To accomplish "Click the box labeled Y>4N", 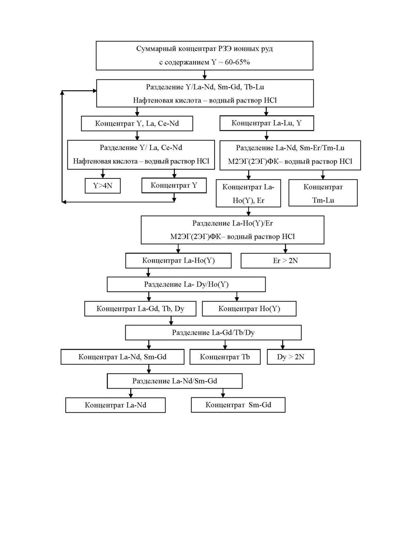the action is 103,186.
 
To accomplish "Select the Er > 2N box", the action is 285,261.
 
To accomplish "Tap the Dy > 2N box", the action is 291,357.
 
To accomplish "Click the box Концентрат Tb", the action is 225,357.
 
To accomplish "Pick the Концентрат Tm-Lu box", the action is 323,193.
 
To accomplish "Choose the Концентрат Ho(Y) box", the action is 249,309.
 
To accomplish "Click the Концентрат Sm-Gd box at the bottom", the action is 238,405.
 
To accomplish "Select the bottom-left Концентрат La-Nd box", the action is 115,405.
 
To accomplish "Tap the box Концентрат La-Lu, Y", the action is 267,123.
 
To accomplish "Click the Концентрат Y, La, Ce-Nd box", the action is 137,123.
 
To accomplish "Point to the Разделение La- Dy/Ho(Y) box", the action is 186,284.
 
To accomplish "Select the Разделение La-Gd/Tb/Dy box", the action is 213,333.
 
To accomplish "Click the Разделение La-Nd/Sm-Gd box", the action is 175,381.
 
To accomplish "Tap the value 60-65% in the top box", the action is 237,62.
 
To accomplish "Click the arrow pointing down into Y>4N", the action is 103,174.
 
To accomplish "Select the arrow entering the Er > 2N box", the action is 285,248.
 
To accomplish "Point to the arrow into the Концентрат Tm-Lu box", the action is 323,175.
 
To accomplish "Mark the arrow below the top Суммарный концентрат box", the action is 204,75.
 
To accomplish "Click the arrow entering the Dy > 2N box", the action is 282,345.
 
